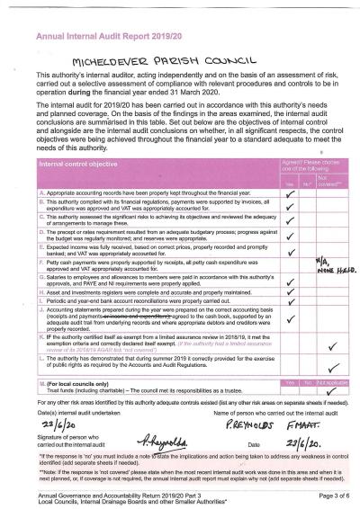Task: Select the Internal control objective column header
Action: pos(82,165)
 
